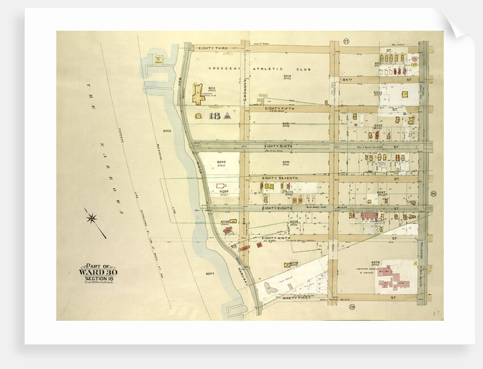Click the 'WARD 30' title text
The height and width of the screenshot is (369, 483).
pyautogui.click(x=98, y=271)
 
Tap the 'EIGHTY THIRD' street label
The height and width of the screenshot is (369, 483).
pyautogui.click(x=213, y=48)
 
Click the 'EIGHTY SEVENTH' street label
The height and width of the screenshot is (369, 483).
pyautogui.click(x=280, y=178)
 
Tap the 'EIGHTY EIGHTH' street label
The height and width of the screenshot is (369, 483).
pyautogui.click(x=277, y=208)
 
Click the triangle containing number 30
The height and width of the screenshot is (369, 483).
pyautogui.click(x=226, y=117)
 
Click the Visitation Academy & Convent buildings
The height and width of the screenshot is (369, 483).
pyautogui.click(x=395, y=275)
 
